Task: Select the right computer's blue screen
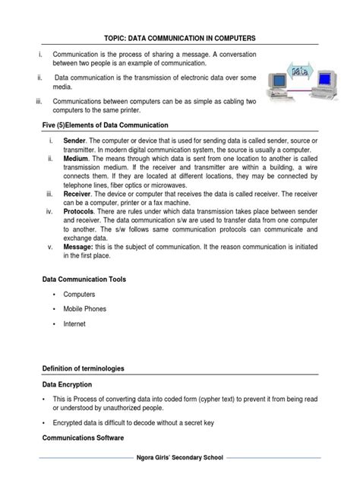click(x=327, y=77)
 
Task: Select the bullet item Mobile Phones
click(x=84, y=308)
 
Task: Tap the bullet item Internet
click(x=74, y=324)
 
